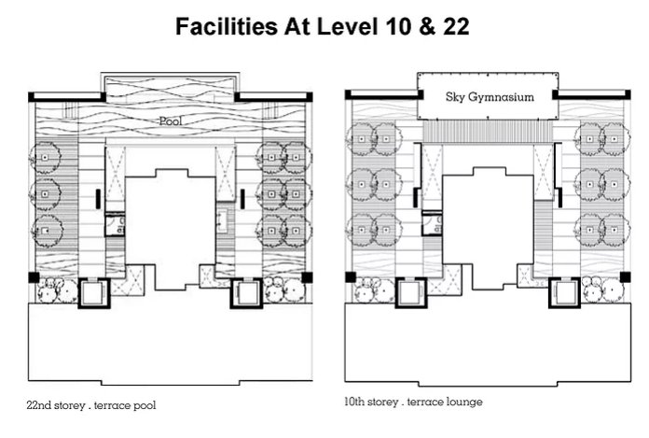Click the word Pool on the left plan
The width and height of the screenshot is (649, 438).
(171, 121)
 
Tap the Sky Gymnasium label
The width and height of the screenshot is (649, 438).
(490, 97)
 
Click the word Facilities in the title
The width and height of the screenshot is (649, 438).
(227, 26)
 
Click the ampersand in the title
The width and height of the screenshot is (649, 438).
(426, 26)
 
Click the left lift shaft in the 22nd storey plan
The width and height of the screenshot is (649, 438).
(94, 293)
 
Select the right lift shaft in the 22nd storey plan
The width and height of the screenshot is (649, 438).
(247, 293)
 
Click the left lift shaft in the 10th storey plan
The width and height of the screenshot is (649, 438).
(411, 292)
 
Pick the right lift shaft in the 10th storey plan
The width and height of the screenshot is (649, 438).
(564, 292)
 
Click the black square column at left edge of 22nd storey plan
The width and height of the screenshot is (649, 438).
(34, 277)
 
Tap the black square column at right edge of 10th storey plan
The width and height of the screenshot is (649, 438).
(625, 277)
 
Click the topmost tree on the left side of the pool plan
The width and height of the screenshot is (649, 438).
(45, 158)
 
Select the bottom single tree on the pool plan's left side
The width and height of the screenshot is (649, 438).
(47, 231)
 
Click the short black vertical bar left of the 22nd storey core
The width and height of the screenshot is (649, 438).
(98, 199)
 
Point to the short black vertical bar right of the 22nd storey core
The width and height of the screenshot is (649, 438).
(242, 199)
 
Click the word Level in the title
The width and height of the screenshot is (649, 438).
(347, 26)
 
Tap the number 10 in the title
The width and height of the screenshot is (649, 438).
(398, 26)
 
